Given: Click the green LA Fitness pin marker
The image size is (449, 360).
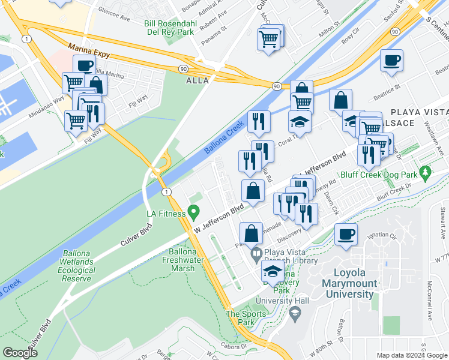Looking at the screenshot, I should tap(193, 212).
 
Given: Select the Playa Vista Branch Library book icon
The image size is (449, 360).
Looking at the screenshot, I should tap(256, 253).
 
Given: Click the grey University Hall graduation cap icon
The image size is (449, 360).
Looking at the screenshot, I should tap(295, 313).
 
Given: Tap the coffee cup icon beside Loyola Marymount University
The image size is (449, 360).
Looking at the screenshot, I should tap(345, 234).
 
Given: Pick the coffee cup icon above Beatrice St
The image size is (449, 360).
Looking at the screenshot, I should tap(391, 61).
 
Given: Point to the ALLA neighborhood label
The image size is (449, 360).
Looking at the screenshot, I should tap(197, 80).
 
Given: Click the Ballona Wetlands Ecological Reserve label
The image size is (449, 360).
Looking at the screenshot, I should tap(76, 266).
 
